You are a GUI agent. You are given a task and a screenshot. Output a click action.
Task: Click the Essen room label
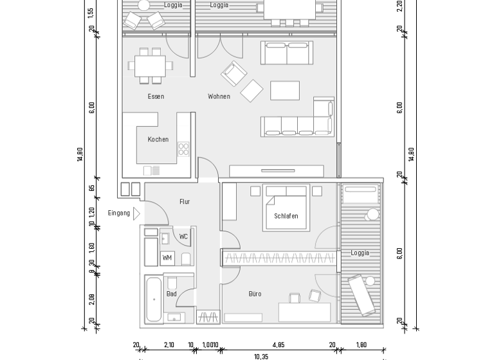pyautogui.click(x=156, y=96)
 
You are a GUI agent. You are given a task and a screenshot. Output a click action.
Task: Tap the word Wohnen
pyautogui.click(x=219, y=96)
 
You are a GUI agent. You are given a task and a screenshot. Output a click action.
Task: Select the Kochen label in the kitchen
pyautogui.click(x=158, y=139)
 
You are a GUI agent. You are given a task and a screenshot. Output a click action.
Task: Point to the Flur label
pyautogui.click(x=185, y=202)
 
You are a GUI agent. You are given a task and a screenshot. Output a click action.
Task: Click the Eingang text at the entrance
pyautogui.click(x=119, y=213)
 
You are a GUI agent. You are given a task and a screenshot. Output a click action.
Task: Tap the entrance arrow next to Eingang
pyautogui.click(x=136, y=213)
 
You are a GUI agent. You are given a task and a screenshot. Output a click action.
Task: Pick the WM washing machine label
pyautogui.click(x=167, y=258)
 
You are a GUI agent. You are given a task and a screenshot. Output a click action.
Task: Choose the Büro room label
pyautogui.click(x=255, y=294)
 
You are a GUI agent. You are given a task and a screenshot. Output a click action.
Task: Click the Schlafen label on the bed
pyautogui.click(x=286, y=216)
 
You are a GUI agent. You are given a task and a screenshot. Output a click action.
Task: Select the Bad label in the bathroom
pyautogui.click(x=171, y=294)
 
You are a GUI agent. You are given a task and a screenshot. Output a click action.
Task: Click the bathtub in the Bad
pyautogui.click(x=154, y=300)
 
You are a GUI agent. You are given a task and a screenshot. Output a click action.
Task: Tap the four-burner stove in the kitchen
pyautogui.click(x=183, y=149)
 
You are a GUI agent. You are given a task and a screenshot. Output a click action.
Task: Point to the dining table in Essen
pyautogui.click(x=150, y=66)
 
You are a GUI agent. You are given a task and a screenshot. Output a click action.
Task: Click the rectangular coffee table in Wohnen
pyautogui.click(x=284, y=91)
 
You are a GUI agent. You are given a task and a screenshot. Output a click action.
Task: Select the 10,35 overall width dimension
pyautogui.click(x=261, y=356)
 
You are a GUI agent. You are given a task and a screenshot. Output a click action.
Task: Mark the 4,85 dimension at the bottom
pyautogui.click(x=279, y=345)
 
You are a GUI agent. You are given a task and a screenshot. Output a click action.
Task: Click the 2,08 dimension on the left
pyautogui.click(x=92, y=298)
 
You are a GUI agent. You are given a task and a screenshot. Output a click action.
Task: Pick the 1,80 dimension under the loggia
pyautogui.click(x=361, y=345)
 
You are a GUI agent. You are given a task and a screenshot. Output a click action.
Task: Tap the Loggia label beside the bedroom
pyautogui.click(x=360, y=253)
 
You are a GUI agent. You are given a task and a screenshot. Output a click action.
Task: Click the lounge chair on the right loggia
pyautogui.click(x=361, y=296)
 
